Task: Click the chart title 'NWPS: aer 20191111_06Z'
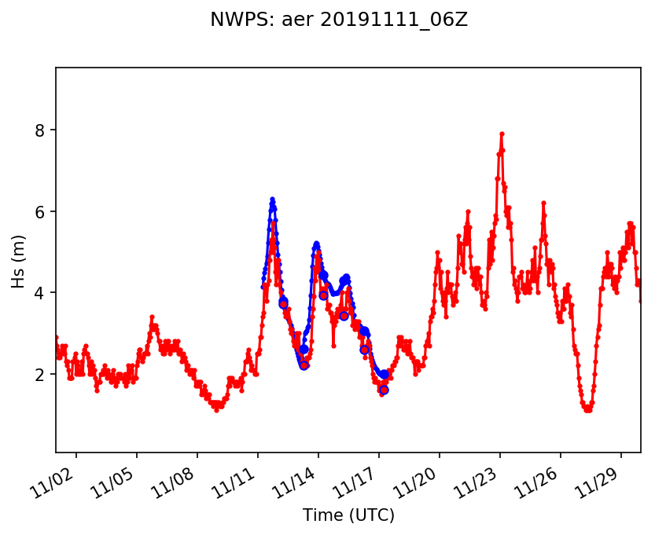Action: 339,20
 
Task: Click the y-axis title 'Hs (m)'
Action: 19,260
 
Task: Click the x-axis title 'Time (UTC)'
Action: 348,515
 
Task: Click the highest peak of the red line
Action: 502,134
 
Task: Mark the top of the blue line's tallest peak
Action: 272,199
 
